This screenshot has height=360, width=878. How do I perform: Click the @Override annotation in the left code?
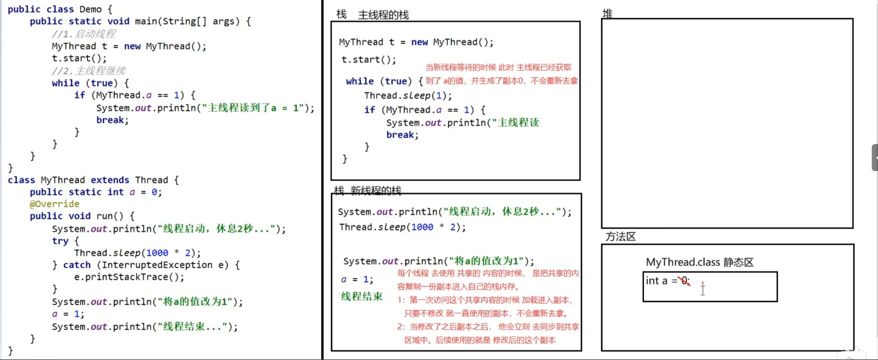click(54, 204)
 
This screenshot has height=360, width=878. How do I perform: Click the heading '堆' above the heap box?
click(607, 13)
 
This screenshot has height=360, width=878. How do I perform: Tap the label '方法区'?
click(620, 236)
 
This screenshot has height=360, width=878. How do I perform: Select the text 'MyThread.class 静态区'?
click(699, 262)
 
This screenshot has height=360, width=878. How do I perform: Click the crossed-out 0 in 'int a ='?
click(684, 281)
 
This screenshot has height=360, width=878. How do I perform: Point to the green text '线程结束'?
click(361, 296)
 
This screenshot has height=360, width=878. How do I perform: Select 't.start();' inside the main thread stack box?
click(368, 59)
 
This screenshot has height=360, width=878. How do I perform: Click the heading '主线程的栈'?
click(383, 15)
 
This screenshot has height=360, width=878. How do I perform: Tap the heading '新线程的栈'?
click(376, 190)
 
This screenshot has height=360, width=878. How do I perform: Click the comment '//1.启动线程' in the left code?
click(83, 33)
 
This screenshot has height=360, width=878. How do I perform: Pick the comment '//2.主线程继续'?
click(88, 70)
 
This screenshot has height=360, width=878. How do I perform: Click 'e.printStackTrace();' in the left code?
click(129, 277)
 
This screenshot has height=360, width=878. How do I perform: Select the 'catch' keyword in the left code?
click(77, 265)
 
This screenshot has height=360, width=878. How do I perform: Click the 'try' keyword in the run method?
click(60, 241)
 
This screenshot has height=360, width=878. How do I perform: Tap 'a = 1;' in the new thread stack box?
click(357, 279)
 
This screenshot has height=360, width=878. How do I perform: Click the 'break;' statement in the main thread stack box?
click(402, 135)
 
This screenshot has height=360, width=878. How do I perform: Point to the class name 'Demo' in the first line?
click(90, 9)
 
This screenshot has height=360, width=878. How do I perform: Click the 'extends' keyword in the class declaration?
click(110, 180)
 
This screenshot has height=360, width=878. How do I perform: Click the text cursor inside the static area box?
click(702, 288)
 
